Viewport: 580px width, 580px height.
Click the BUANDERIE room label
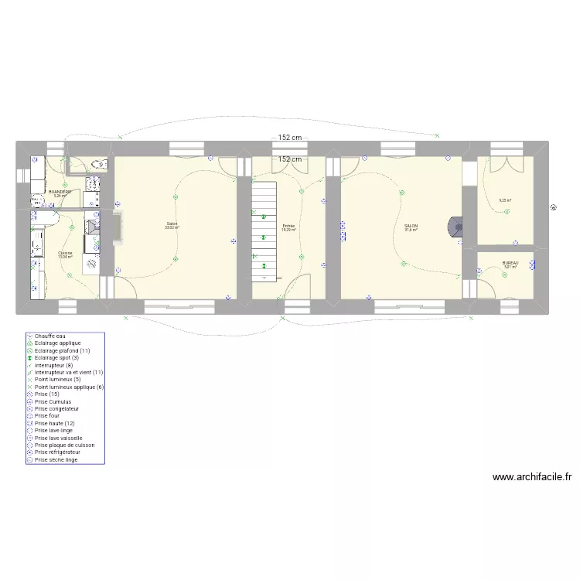click(x=60, y=191)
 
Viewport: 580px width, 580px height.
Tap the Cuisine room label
click(x=65, y=253)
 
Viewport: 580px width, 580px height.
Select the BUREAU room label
click(x=510, y=263)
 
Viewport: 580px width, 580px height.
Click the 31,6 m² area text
click(x=411, y=230)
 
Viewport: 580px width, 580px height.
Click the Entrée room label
click(x=288, y=226)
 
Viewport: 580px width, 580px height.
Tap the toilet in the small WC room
click(x=97, y=164)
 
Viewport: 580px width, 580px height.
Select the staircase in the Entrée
click(x=264, y=229)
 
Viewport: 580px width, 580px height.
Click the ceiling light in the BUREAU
click(x=505, y=274)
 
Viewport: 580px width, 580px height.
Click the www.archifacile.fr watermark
click(x=536, y=478)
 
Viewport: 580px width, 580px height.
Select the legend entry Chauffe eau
click(x=51, y=336)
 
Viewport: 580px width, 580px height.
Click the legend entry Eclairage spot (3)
click(x=58, y=358)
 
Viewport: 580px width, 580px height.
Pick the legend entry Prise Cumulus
click(x=53, y=402)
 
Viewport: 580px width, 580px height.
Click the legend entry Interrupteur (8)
click(x=53, y=365)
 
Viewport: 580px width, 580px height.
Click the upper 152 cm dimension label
click(x=290, y=138)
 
